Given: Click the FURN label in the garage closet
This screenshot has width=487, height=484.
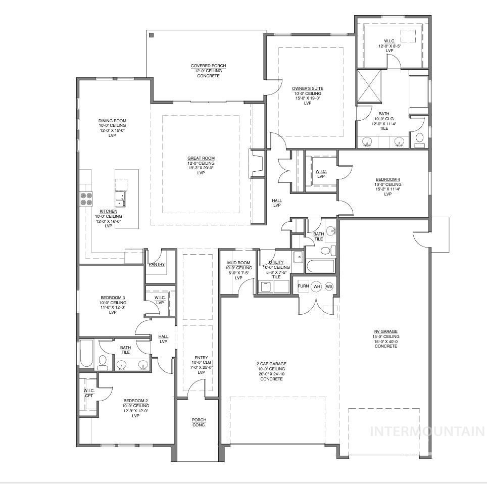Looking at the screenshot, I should pyautogui.click(x=303, y=286).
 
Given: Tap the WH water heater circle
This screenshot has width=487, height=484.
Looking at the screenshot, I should pyautogui.click(x=317, y=286).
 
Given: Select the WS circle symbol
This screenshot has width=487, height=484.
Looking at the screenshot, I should pyautogui.click(x=329, y=286).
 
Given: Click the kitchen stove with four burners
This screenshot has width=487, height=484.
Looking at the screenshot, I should pyautogui.click(x=86, y=199).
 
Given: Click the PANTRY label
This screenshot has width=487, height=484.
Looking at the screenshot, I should pyautogui.click(x=157, y=264).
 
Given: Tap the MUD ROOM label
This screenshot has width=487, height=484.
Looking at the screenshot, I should pyautogui.click(x=238, y=263).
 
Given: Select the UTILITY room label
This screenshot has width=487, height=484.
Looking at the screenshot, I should pyautogui.click(x=276, y=263).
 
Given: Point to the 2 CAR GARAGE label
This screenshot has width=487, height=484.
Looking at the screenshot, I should pyautogui.click(x=271, y=364).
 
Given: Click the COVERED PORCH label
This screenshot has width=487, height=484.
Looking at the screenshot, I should pyautogui.click(x=208, y=66).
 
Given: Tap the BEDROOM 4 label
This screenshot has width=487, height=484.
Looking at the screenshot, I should pyautogui.click(x=388, y=179).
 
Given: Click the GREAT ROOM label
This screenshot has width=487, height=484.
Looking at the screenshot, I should pyautogui.click(x=201, y=158).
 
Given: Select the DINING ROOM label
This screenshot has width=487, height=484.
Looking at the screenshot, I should pyautogui.click(x=112, y=121).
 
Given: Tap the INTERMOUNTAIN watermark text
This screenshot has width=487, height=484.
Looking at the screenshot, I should pyautogui.click(x=427, y=431).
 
